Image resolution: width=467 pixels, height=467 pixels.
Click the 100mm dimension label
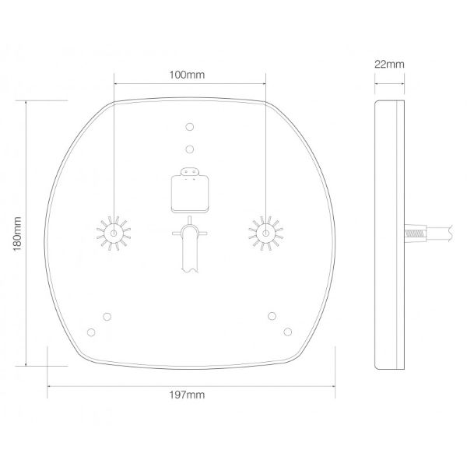coord(190,75)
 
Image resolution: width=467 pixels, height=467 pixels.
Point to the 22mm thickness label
coord(389,65)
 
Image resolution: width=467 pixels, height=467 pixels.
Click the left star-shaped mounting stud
coord(114,233)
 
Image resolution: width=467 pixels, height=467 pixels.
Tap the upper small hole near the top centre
coord(190,127)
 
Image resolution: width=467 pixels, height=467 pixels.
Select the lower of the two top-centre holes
coord(190,148)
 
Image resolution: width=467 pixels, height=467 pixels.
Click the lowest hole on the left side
coord(91,332)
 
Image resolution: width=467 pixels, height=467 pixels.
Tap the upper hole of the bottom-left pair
coord(107,315)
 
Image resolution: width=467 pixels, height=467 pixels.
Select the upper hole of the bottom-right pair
coord(272,315)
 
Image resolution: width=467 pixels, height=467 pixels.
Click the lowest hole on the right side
coord(288,332)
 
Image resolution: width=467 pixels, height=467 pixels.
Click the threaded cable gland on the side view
coord(415,232)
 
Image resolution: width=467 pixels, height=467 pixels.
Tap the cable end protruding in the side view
coord(444,232)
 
